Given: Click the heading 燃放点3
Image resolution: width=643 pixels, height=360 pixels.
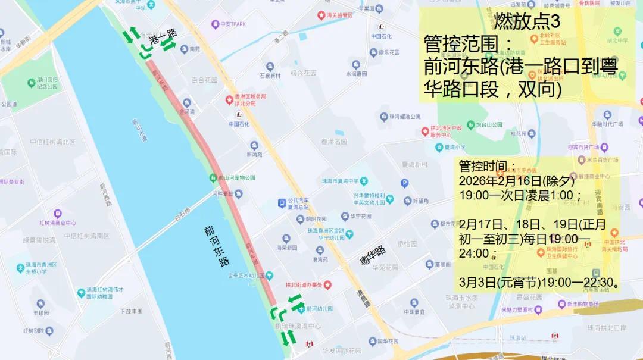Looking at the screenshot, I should pos(526,22).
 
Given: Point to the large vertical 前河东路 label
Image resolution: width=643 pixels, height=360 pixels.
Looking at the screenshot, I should pos(216,245).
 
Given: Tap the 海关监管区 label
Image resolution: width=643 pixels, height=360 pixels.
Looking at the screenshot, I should pos(339,14).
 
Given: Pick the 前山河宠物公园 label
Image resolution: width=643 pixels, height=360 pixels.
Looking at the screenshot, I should pos(236,177).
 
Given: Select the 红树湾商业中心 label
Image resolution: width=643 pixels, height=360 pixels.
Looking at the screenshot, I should pos(58,223).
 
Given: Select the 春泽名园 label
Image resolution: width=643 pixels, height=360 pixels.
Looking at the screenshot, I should pos(334,142).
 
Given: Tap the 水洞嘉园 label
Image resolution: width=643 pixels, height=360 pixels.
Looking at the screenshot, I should pos(357,74).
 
